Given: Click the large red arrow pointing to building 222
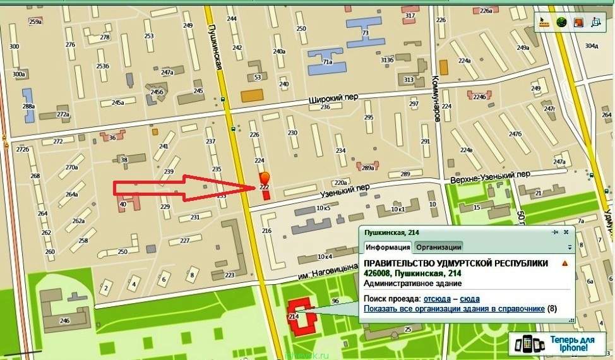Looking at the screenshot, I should [x=183, y=188].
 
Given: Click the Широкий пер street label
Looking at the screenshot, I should [x=329, y=100].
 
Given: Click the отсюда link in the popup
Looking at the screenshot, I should [x=437, y=298].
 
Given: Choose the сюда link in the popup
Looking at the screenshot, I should [x=470, y=298].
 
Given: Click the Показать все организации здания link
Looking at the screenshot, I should [x=454, y=308].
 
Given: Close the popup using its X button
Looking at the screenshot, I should [x=566, y=232].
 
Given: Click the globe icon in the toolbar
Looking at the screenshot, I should [x=561, y=22].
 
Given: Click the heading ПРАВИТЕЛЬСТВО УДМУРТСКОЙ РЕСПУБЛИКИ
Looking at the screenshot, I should [x=456, y=263].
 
